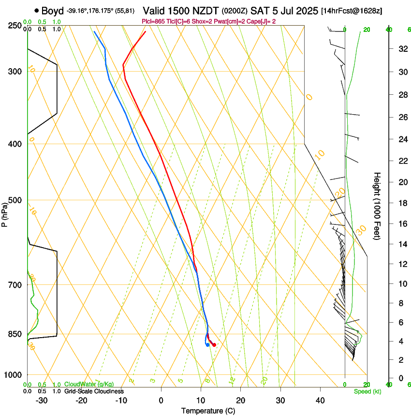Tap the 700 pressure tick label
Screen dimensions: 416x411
pos(15,285)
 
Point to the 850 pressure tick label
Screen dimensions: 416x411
pos(15,334)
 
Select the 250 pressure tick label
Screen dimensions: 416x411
pos(15,25)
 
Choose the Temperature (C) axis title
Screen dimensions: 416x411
pos(208,411)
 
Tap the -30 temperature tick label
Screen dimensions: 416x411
pos(41,400)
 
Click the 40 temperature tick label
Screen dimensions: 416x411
pos(320,400)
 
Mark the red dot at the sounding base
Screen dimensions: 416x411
pos(214,345)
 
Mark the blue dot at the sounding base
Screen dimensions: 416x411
pos(207,345)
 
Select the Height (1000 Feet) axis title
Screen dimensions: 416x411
pos(377,206)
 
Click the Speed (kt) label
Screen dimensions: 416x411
pos(367,391)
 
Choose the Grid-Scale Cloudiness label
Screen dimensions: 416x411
pos(94,391)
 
